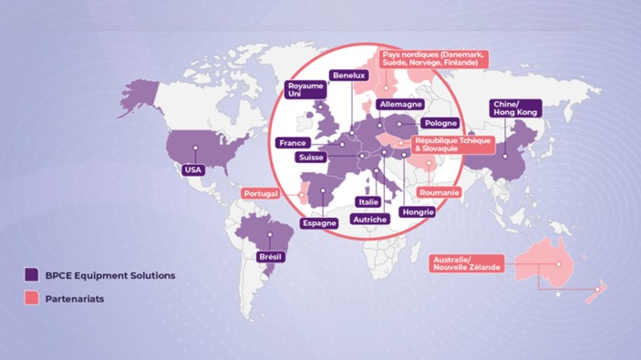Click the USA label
click(x=192, y=170)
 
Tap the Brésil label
click(x=271, y=257)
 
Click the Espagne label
click(x=319, y=222)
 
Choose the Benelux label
click(x=349, y=75)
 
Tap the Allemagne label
click(x=399, y=105)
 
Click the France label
click(x=293, y=143)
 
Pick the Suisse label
click(x=315, y=158)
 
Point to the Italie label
click(x=368, y=202)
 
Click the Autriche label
click(x=370, y=220)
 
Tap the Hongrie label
click(x=418, y=211)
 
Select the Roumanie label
click(x=439, y=193)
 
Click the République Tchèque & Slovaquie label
click(x=453, y=146)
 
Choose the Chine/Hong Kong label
click(x=516, y=108)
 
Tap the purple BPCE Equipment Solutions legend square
click(x=32, y=274)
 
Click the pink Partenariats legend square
click(x=32, y=298)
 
